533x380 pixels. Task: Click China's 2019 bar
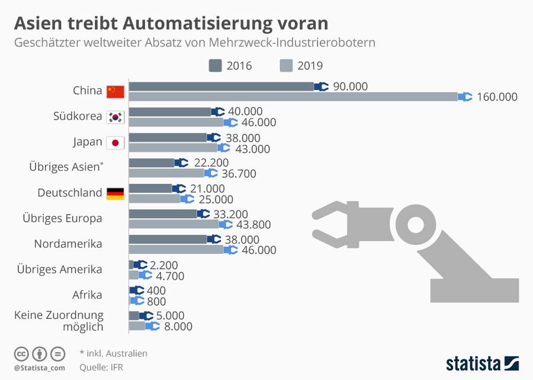293,97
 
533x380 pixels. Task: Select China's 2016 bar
221,87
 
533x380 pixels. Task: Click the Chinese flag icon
115,91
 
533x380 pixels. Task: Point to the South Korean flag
115,117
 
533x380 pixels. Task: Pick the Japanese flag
115,143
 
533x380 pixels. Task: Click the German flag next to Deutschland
115,193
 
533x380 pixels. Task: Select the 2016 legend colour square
214,65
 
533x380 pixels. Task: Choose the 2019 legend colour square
286,65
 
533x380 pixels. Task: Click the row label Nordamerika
68,244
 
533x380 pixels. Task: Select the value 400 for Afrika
157,290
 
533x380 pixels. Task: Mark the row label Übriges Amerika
60,269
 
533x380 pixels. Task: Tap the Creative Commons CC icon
22,354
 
